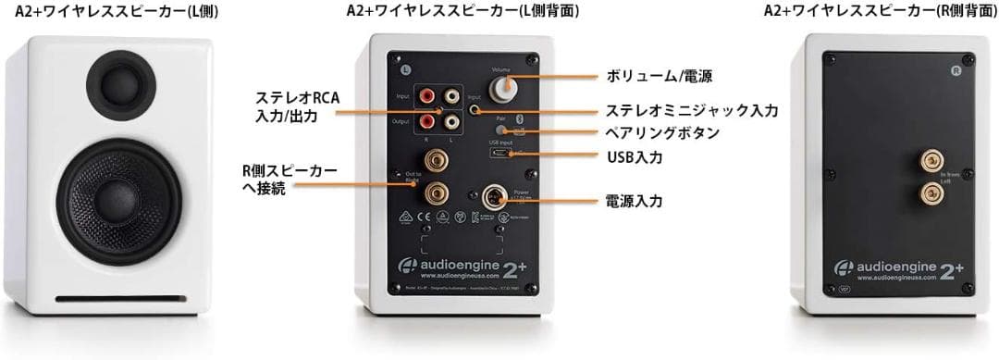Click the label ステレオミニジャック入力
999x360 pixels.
pos(692,110)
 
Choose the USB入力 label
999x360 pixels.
pos(635,157)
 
